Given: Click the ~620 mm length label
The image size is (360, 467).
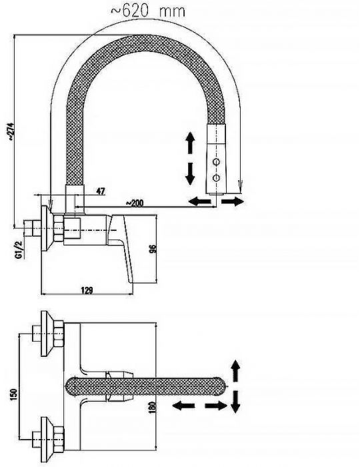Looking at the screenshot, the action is (x=148, y=11).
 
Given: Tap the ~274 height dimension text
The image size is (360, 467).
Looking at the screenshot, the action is (x=11, y=131).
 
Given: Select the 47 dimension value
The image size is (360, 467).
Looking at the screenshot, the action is (x=101, y=191).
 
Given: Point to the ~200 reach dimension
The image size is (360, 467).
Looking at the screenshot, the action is (x=135, y=203).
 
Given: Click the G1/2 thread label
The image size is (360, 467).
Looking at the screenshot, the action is (x=20, y=250).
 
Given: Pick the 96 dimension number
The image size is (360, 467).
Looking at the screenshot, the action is (x=152, y=249).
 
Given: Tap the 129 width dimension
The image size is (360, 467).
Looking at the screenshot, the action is (x=87, y=290).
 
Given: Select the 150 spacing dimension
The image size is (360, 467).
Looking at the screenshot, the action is (x=14, y=394).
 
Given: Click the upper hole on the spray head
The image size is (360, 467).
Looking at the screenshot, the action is (x=216, y=161).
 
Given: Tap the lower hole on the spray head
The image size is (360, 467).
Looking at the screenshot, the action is (x=216, y=178).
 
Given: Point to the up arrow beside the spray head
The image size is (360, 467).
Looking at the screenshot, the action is (x=190, y=143).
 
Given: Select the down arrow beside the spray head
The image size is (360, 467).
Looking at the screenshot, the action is (x=190, y=174).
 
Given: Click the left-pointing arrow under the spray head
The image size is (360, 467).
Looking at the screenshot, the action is (x=200, y=201).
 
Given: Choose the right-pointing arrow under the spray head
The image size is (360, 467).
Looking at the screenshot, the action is (x=233, y=201).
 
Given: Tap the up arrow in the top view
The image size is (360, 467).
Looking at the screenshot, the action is (x=235, y=371).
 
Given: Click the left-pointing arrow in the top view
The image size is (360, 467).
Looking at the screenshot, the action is (x=183, y=406).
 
